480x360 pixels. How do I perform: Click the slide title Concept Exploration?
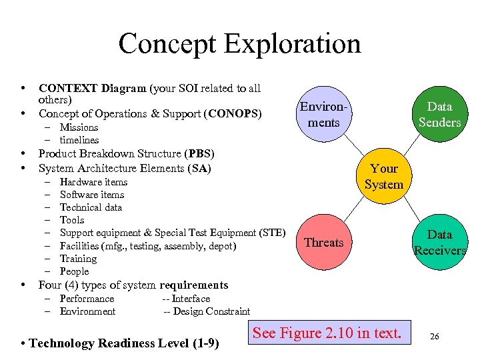239,44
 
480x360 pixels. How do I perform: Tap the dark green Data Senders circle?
439,115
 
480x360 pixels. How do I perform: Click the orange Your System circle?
383,177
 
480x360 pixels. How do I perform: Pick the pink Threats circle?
324,243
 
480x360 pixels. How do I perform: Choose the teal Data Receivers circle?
439,243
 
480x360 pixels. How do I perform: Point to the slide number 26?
434,337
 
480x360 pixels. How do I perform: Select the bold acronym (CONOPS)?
235,113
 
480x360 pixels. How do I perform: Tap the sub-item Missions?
79,127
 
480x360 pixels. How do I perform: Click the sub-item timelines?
79,140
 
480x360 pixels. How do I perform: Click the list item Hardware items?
93,182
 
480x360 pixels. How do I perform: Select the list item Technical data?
91,207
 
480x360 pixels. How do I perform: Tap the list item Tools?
72,220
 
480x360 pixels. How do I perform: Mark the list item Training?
78,259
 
